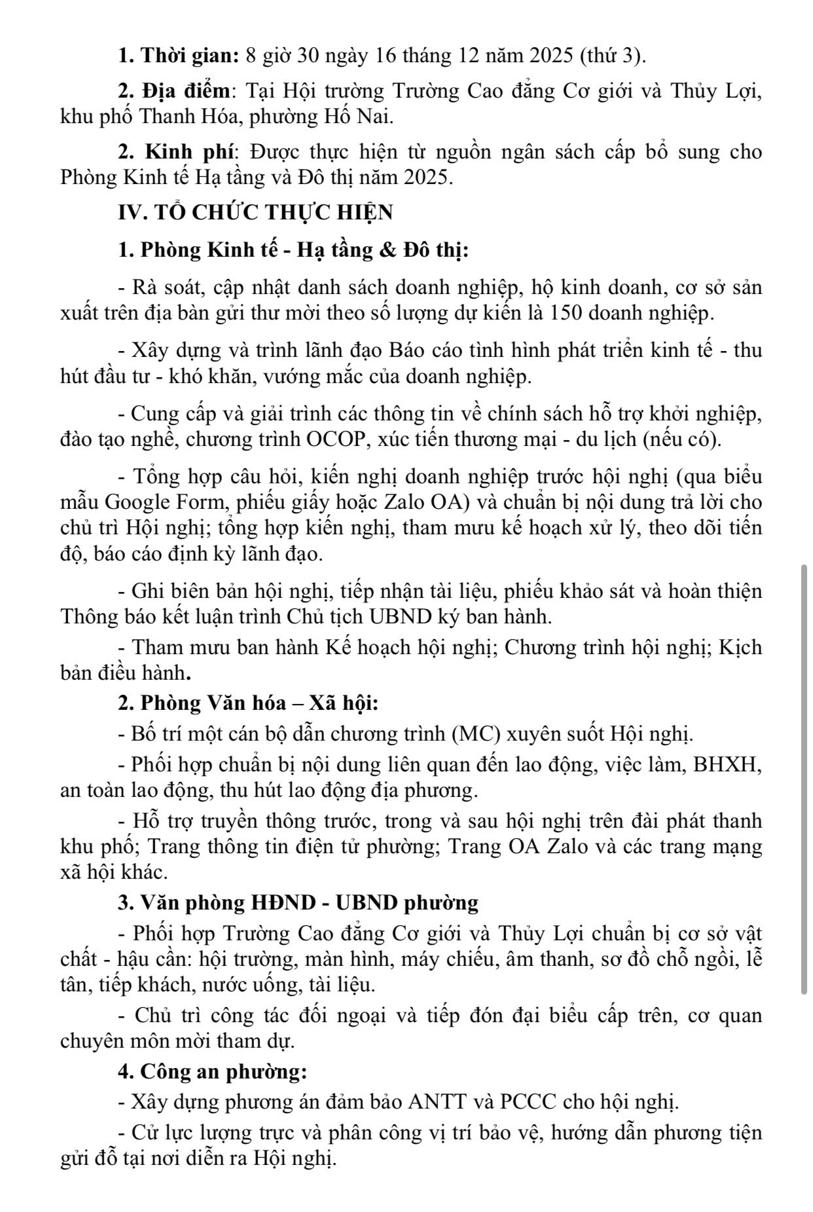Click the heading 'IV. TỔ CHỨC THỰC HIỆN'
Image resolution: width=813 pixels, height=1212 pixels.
coord(256,213)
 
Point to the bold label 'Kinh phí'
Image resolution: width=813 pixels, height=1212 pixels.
coord(189,152)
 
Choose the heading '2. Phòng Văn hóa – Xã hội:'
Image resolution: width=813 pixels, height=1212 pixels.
coord(249,703)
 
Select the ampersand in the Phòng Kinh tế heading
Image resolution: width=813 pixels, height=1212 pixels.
coord(389,250)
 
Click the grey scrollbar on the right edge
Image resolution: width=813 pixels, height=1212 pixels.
coord(804,779)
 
